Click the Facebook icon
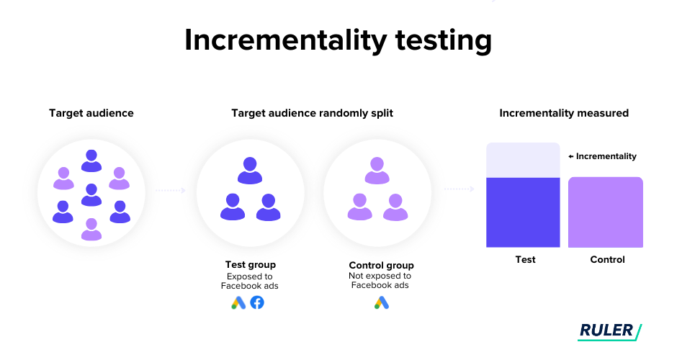point(257,302)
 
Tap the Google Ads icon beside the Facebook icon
point(238,303)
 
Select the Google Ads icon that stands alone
point(382,303)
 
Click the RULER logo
point(609,331)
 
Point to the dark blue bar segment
point(523,212)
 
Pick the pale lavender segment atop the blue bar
point(523,160)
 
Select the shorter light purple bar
point(605,212)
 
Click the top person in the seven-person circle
point(91,161)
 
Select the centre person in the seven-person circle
point(91,194)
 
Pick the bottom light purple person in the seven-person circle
point(91,229)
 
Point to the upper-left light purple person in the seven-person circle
point(63,178)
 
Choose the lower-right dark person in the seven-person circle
point(120,212)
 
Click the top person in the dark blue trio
point(250,171)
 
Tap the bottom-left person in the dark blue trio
point(233,207)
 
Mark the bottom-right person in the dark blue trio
point(268,207)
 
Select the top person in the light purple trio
point(377,171)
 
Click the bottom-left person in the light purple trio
point(359,207)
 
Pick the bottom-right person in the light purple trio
point(395,207)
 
